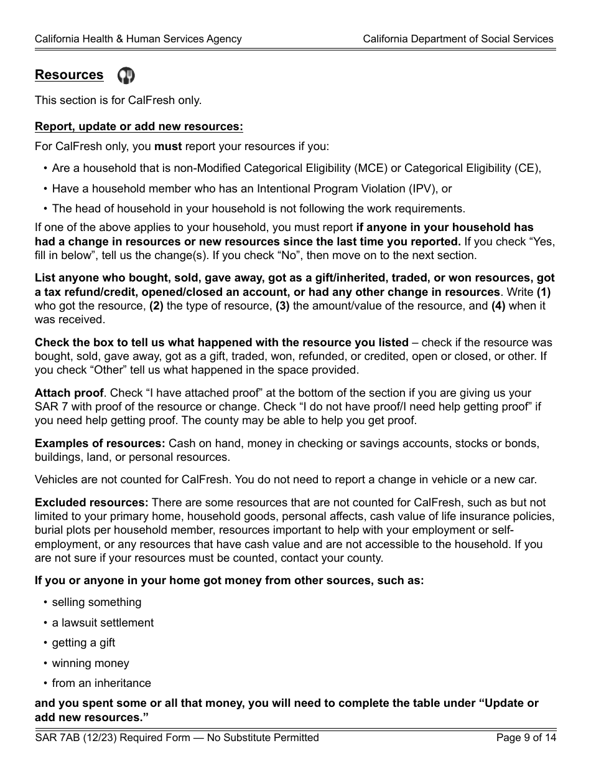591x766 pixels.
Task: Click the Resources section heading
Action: point(69,75)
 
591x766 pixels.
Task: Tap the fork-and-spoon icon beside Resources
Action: point(126,76)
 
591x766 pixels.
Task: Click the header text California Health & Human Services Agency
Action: point(138,39)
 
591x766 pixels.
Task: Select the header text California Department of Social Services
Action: point(458,39)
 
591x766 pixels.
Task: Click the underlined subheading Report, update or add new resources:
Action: point(139,126)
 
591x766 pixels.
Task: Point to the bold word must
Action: point(168,147)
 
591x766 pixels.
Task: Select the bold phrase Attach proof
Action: point(69,393)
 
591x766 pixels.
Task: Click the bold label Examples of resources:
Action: point(100,443)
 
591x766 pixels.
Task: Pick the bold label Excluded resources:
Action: point(91,503)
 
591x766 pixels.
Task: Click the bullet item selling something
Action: point(96,602)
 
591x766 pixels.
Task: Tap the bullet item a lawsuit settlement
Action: point(103,623)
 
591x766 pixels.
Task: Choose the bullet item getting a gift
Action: point(83,643)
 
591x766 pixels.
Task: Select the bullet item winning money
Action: point(91,663)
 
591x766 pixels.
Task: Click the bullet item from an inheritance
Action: point(101,683)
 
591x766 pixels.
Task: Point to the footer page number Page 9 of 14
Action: point(526,738)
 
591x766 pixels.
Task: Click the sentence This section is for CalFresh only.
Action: point(118,100)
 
